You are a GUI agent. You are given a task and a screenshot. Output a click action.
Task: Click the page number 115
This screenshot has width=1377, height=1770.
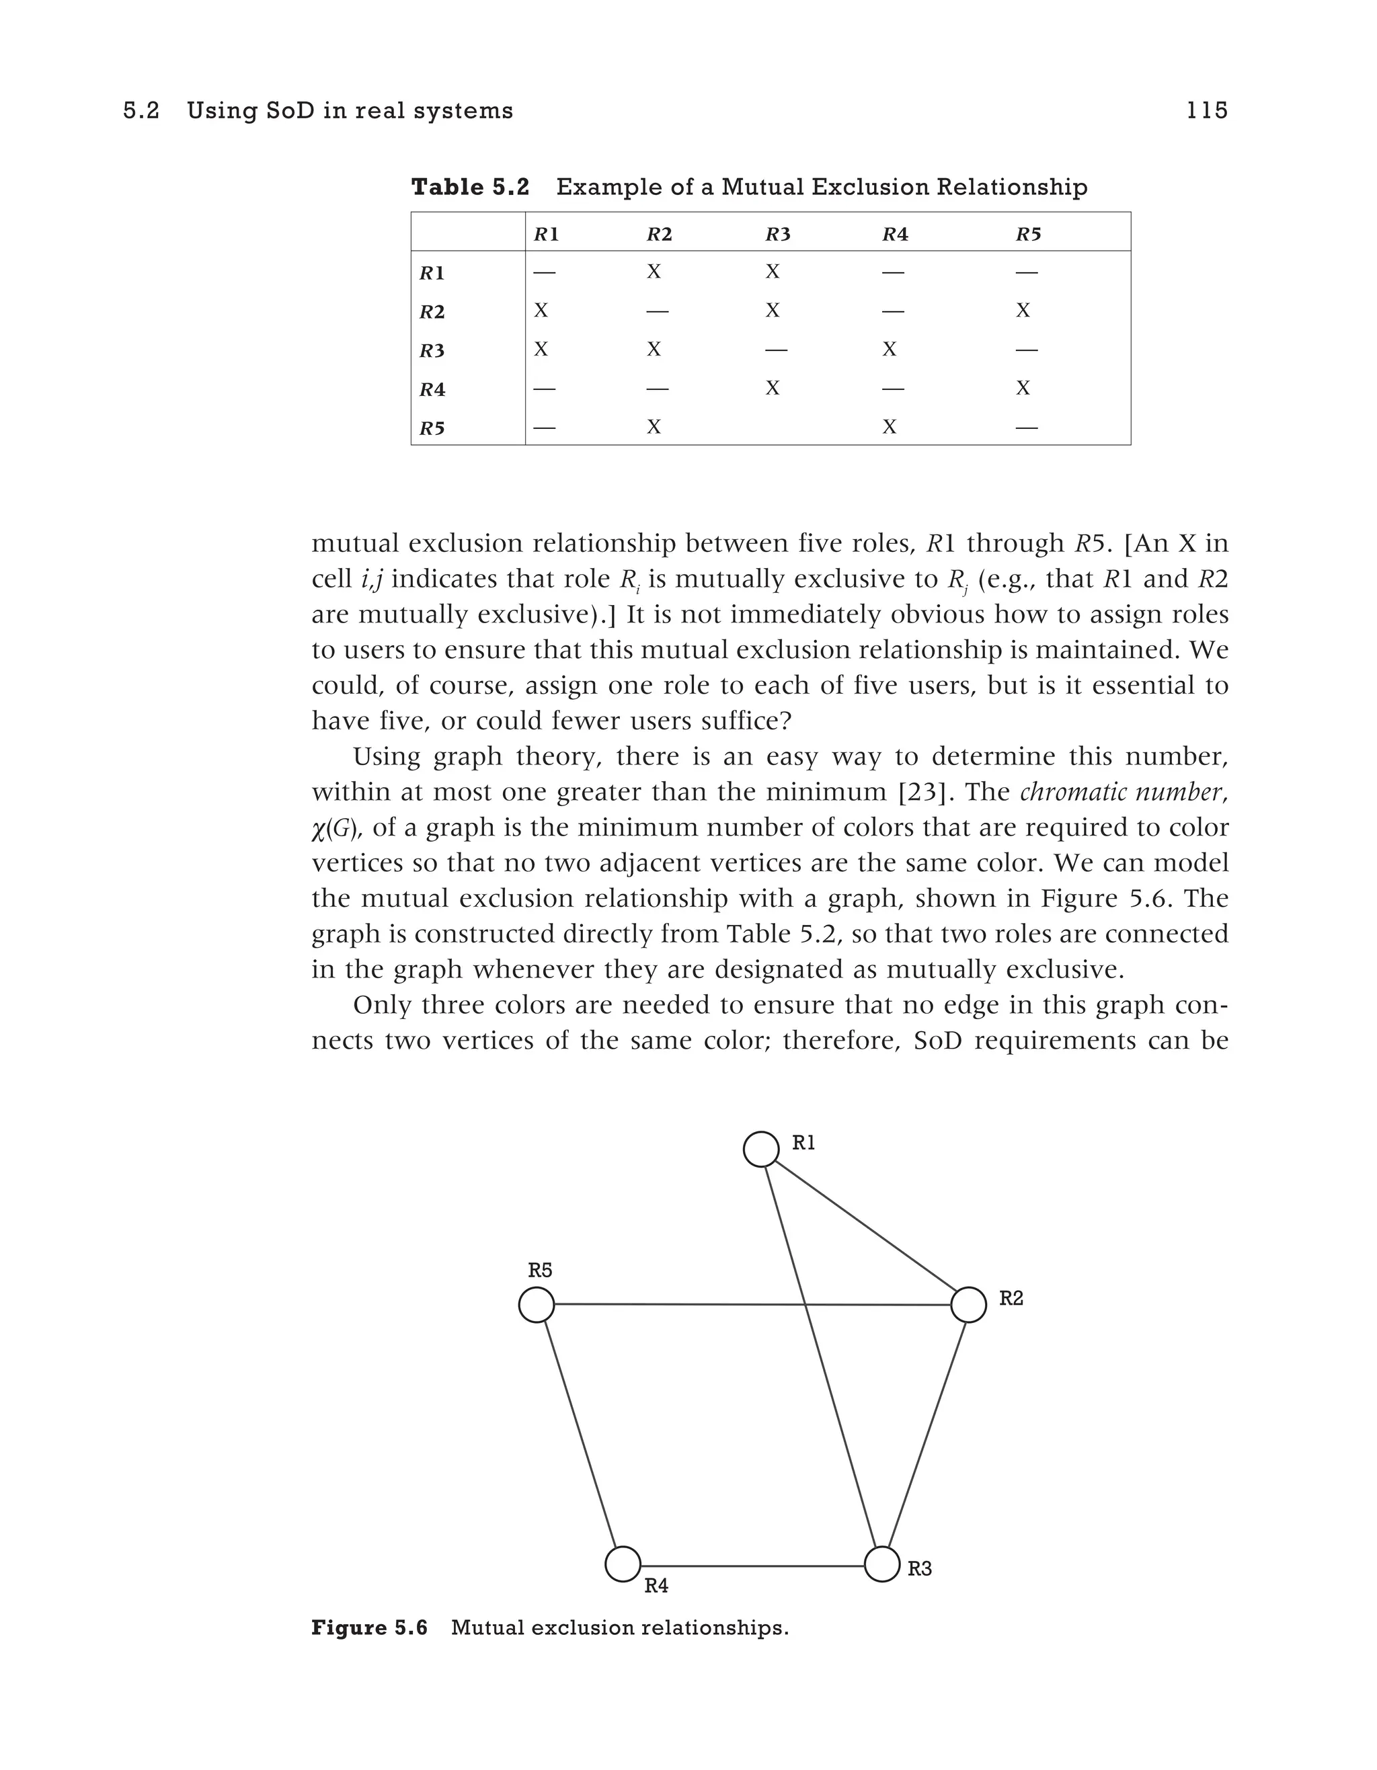click(x=1207, y=110)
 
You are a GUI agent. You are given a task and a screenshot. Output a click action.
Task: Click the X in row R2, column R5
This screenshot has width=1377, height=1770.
click(x=1023, y=311)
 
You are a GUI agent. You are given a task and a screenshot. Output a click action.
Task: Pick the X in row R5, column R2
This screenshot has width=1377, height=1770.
click(x=654, y=427)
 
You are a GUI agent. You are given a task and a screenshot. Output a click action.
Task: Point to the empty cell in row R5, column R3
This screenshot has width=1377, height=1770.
click(x=775, y=427)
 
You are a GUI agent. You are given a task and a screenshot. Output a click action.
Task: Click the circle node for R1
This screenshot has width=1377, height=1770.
click(x=761, y=1150)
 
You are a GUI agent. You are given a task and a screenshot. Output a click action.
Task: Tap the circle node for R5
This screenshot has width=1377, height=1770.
click(x=537, y=1305)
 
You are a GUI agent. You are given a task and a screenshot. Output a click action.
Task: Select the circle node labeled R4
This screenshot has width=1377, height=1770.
click(x=623, y=1564)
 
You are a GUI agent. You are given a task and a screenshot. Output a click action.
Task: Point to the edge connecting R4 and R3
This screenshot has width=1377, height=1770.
click(x=752, y=1566)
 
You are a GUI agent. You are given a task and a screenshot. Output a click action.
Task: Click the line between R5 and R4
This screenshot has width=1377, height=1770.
click(x=580, y=1435)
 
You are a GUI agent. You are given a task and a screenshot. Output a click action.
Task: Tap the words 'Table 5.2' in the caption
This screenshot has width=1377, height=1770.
click(x=470, y=187)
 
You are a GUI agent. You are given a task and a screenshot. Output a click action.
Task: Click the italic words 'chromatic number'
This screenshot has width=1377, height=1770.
click(x=1121, y=792)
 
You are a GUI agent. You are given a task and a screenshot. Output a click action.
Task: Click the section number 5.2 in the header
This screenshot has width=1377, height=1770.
click(x=141, y=110)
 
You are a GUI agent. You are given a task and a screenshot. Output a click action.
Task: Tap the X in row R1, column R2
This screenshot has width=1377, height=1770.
click(x=654, y=272)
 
